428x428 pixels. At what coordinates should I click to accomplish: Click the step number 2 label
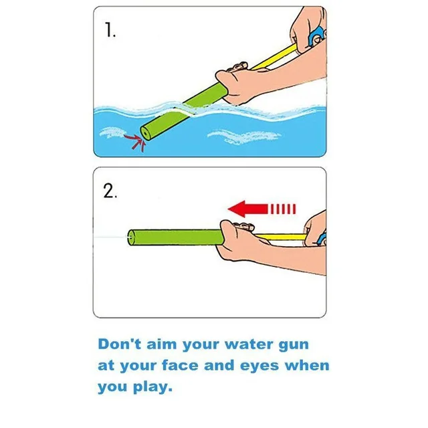click(x=110, y=191)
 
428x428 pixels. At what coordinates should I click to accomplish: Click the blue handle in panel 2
click(x=322, y=237)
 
